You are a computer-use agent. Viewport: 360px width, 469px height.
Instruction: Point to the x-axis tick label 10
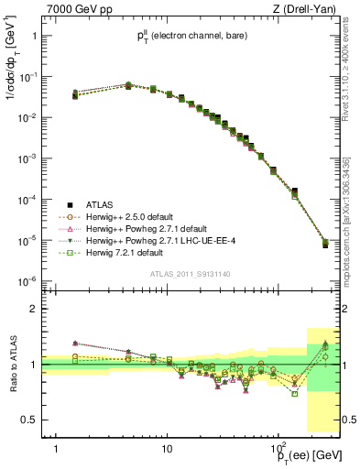coord(167,450)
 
